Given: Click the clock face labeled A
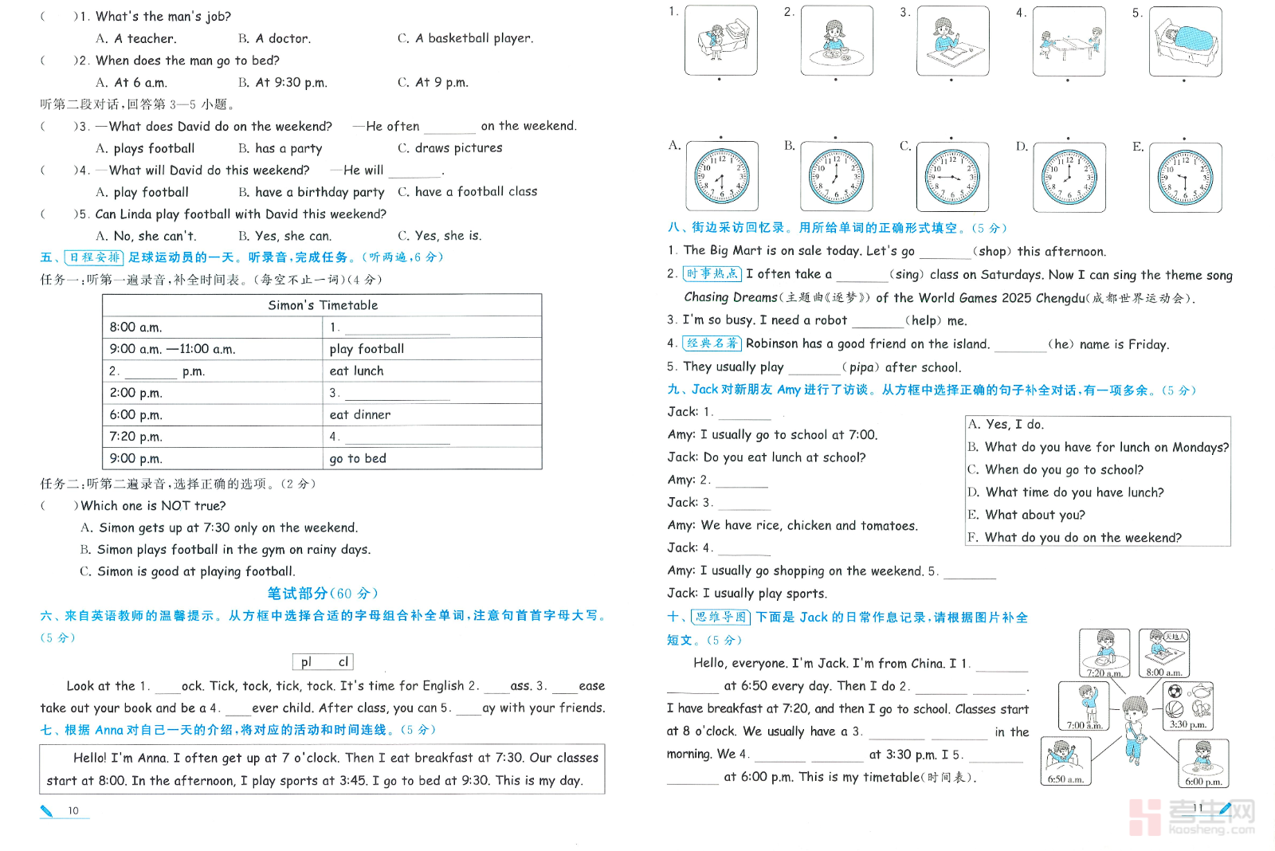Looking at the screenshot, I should pyautogui.click(x=721, y=177).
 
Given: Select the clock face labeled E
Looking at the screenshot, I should pyautogui.click(x=1186, y=177).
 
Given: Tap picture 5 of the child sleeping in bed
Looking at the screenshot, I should pyautogui.click(x=1186, y=41).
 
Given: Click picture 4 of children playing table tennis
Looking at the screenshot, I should pyautogui.click(x=1069, y=41).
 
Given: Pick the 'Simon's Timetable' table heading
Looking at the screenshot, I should pyautogui.click(x=323, y=305).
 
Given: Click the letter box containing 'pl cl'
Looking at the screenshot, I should pyautogui.click(x=324, y=662).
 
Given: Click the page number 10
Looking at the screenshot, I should pyautogui.click(x=73, y=811).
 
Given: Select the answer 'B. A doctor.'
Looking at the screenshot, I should pyautogui.click(x=274, y=38).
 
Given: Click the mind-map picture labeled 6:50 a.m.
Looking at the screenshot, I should pyautogui.click(x=1065, y=761).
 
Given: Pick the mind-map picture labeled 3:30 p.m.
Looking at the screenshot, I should pyautogui.click(x=1188, y=705).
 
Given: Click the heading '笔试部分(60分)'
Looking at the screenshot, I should pyautogui.click(x=323, y=594).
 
